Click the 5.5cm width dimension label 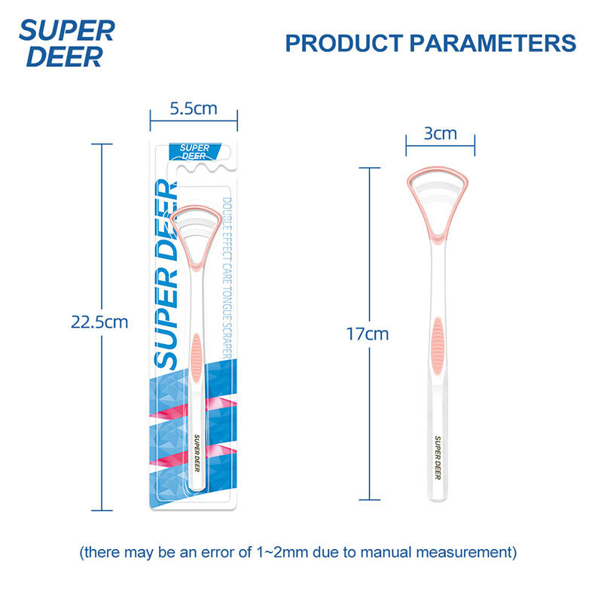[194, 108]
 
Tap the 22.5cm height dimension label [99, 322]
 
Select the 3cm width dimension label [440, 133]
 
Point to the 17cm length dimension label [368, 334]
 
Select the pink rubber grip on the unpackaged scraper [437, 346]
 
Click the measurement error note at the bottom [297, 552]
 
